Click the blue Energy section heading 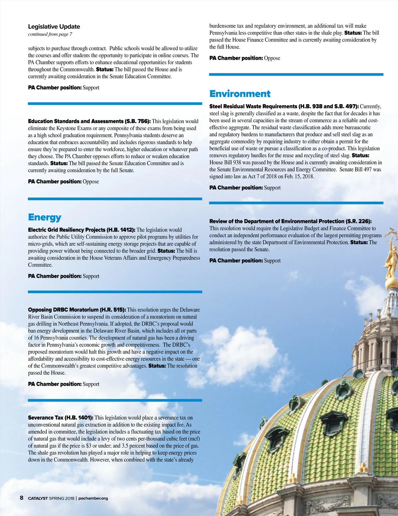coord(45,217)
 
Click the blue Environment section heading coord(240,94)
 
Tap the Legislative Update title coord(54,27)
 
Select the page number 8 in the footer coord(22,498)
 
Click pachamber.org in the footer coord(93,498)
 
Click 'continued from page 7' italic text coord(50,34)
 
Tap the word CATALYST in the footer coord(38,498)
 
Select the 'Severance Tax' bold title coord(45,418)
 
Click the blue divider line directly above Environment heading coord(296,75)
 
